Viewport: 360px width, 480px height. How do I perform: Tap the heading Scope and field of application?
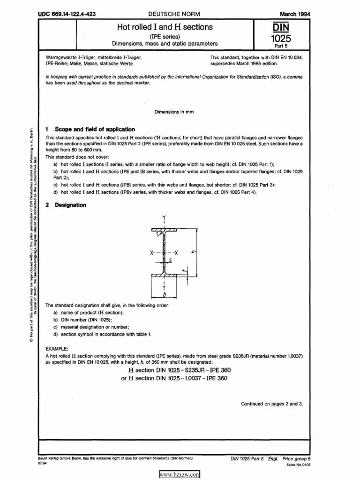95,129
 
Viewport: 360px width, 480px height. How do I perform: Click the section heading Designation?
70,205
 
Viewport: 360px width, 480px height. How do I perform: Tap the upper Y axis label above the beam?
164,217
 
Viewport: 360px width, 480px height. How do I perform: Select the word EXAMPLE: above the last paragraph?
57,349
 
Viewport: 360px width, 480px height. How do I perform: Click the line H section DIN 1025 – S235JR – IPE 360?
176,370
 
